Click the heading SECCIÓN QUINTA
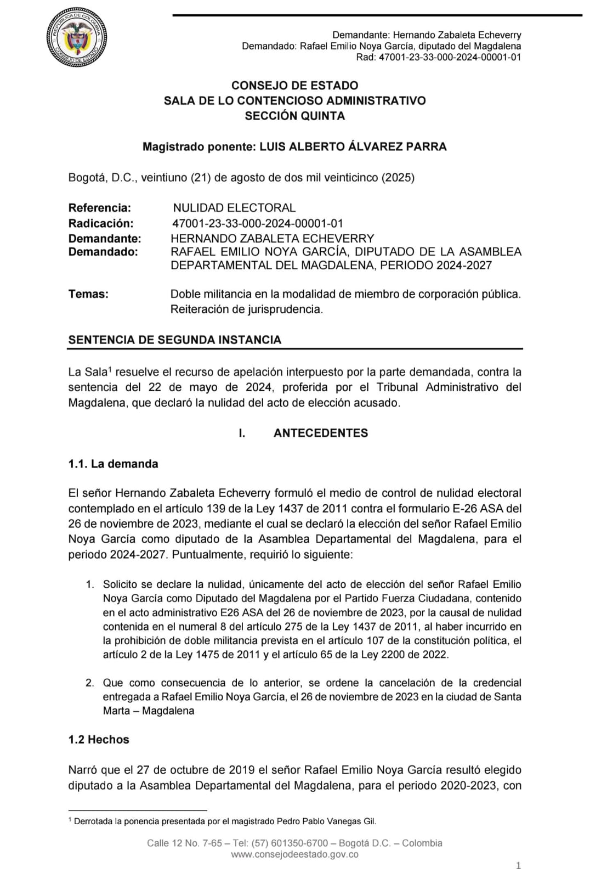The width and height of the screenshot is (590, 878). coord(294,116)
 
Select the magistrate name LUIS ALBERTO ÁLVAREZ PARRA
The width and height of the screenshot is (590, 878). coord(353,147)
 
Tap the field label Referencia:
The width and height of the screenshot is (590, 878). coord(99,208)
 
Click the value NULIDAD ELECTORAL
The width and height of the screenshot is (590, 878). coord(234,208)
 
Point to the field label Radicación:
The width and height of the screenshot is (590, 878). coord(100,223)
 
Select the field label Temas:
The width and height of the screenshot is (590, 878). coord(88,294)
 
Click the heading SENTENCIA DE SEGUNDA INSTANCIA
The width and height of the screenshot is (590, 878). coord(174,340)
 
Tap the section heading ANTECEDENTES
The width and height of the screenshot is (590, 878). coord(321,433)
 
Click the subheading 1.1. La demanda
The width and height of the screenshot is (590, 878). coord(113,464)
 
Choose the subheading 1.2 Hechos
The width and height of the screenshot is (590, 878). coord(99,739)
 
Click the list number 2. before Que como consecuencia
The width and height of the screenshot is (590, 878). coord(90,683)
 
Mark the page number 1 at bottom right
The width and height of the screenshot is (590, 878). coord(518,866)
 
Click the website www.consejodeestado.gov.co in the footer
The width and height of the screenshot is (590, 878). coord(294,854)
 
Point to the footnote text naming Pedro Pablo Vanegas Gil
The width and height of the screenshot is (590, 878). coord(225,821)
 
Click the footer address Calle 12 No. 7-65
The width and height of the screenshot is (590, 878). coord(184,843)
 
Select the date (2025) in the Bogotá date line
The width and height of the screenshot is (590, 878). coord(398,177)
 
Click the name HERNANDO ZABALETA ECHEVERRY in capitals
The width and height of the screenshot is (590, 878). coord(272,238)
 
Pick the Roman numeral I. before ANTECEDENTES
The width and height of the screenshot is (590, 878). coord(242,433)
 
